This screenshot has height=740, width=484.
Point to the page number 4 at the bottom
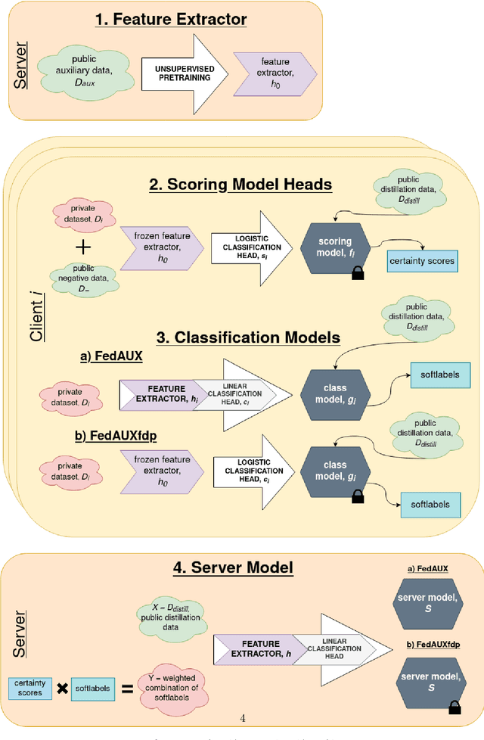point(242,719)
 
